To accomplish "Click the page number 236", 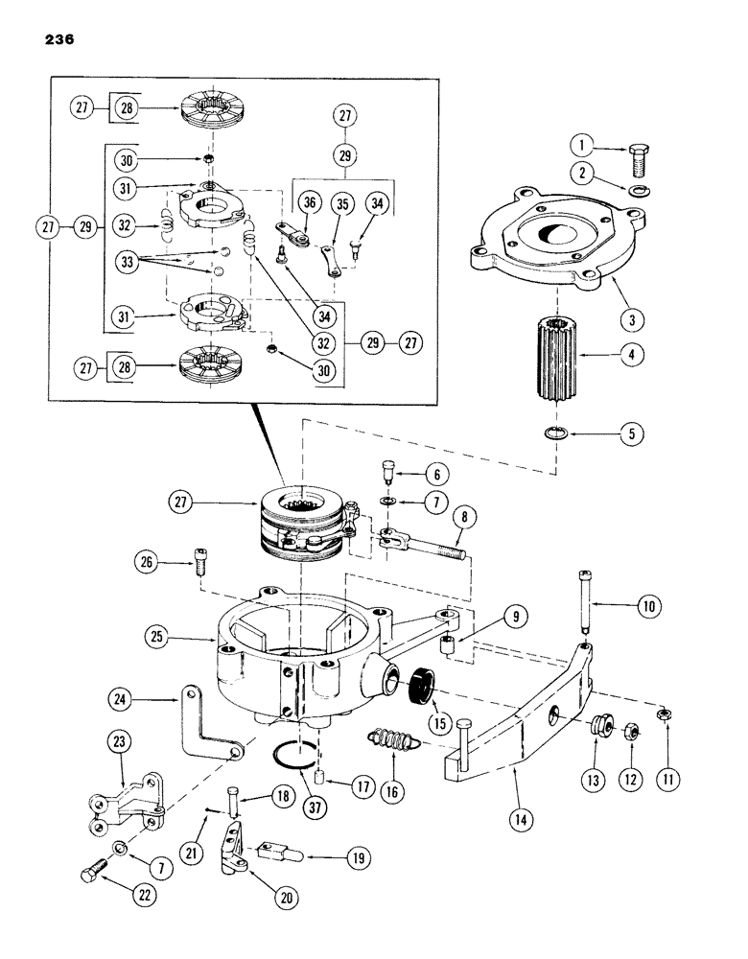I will [58, 39].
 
